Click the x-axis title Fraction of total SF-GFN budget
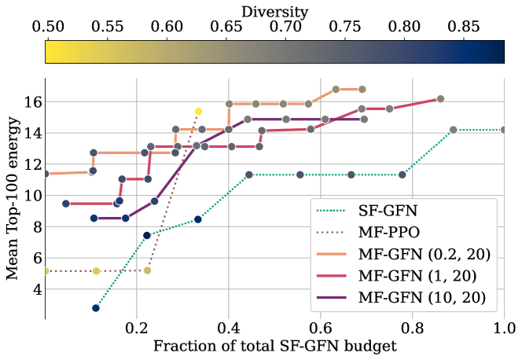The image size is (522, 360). (274, 346)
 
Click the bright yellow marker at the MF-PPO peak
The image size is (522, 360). (198, 112)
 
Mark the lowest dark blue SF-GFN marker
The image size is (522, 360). (96, 308)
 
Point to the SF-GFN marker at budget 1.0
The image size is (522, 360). (504, 130)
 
